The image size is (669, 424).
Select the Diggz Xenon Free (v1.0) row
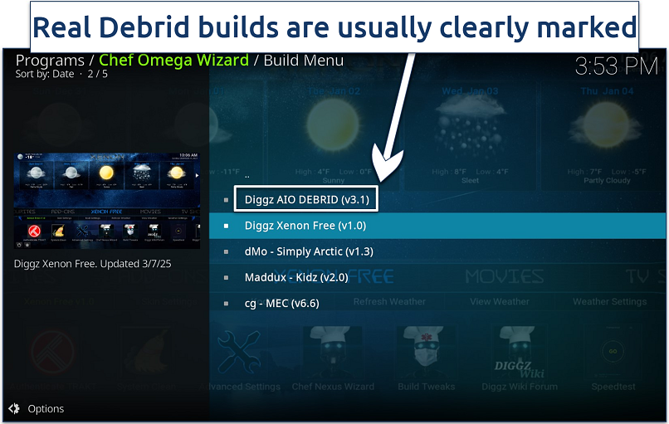tap(305, 226)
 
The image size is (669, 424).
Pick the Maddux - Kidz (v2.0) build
tap(296, 277)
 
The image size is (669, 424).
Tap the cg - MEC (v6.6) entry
tap(281, 303)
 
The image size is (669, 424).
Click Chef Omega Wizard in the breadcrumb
tap(173, 60)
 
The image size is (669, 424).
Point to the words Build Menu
tap(304, 60)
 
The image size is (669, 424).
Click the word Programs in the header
tap(50, 60)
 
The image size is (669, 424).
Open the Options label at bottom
tap(45, 408)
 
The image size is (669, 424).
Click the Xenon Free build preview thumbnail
tap(107, 201)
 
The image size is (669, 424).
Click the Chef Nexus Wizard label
tap(333, 387)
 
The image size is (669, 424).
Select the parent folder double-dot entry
tap(247, 176)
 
